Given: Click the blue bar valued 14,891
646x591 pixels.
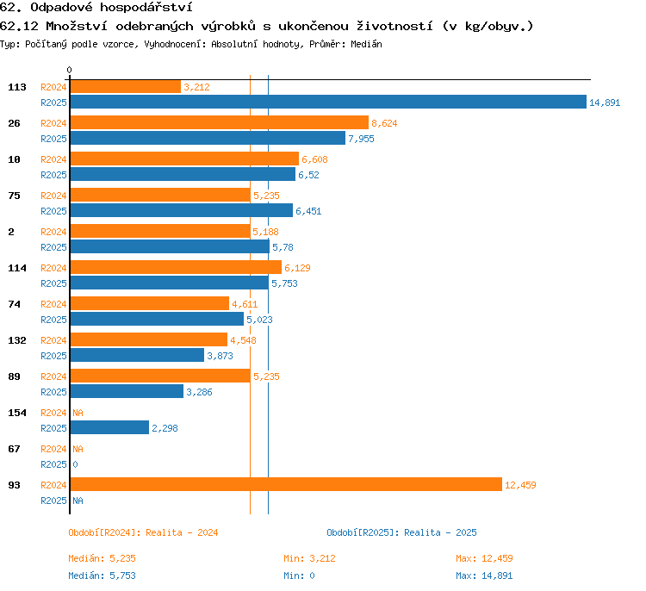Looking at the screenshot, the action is (x=328, y=102).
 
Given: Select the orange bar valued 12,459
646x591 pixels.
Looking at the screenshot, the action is (x=286, y=484).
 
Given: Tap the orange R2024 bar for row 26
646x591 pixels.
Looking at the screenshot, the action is (x=220, y=122).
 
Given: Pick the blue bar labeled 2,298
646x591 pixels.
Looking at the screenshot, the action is (x=109, y=427).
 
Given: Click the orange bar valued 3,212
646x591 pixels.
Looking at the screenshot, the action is (x=126, y=86).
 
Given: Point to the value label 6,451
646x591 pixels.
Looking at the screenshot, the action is (x=308, y=211).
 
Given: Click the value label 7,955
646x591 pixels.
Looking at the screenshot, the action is (x=361, y=139).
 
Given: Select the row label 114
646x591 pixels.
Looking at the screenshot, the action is (x=17, y=268).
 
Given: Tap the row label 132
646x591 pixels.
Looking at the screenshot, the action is (x=17, y=340).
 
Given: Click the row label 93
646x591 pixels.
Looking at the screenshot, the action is (x=14, y=485).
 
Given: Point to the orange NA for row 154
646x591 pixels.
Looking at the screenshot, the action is (x=78, y=413).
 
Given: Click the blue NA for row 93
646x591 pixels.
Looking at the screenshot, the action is (x=78, y=501).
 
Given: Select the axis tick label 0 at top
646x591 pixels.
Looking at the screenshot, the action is (x=69, y=70).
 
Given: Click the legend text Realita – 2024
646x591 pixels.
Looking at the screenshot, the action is (x=182, y=532).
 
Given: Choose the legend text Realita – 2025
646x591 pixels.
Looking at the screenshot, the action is (x=440, y=532).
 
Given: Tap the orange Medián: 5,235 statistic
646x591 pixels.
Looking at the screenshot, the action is (x=102, y=558).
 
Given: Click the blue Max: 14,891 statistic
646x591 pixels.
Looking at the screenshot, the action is (x=484, y=575).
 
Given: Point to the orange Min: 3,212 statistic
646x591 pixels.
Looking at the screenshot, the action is (x=309, y=558).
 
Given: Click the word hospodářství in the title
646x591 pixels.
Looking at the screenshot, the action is (x=146, y=8).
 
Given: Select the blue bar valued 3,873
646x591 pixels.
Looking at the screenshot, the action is (x=137, y=355).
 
